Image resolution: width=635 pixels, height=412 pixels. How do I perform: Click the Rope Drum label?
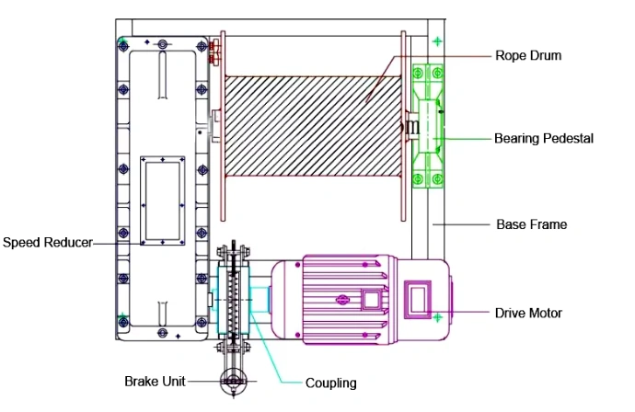pos(527,55)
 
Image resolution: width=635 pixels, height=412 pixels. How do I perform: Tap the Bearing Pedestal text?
pos(543,139)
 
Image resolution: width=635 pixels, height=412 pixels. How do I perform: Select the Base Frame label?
pos(531,223)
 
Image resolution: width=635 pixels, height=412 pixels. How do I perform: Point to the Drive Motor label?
pos(528,313)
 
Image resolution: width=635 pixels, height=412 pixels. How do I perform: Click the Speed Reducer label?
pos(47,243)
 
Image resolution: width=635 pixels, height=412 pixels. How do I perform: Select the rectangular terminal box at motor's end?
pos(419,297)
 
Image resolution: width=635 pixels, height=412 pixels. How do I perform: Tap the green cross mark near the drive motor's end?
pos(437,317)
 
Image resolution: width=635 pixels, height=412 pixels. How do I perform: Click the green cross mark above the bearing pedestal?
pos(436,41)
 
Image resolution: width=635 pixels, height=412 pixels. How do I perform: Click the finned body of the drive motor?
pos(331,297)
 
